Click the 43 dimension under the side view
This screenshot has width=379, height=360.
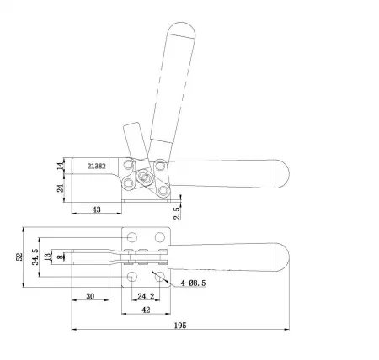tap(96, 208)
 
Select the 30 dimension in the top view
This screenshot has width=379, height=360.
tap(89, 295)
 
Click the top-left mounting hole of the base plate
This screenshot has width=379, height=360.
tap(133, 236)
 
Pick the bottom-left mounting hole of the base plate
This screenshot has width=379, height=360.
tap(133, 275)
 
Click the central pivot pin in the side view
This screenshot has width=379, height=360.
tap(145, 177)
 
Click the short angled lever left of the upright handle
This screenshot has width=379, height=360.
tap(134, 138)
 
